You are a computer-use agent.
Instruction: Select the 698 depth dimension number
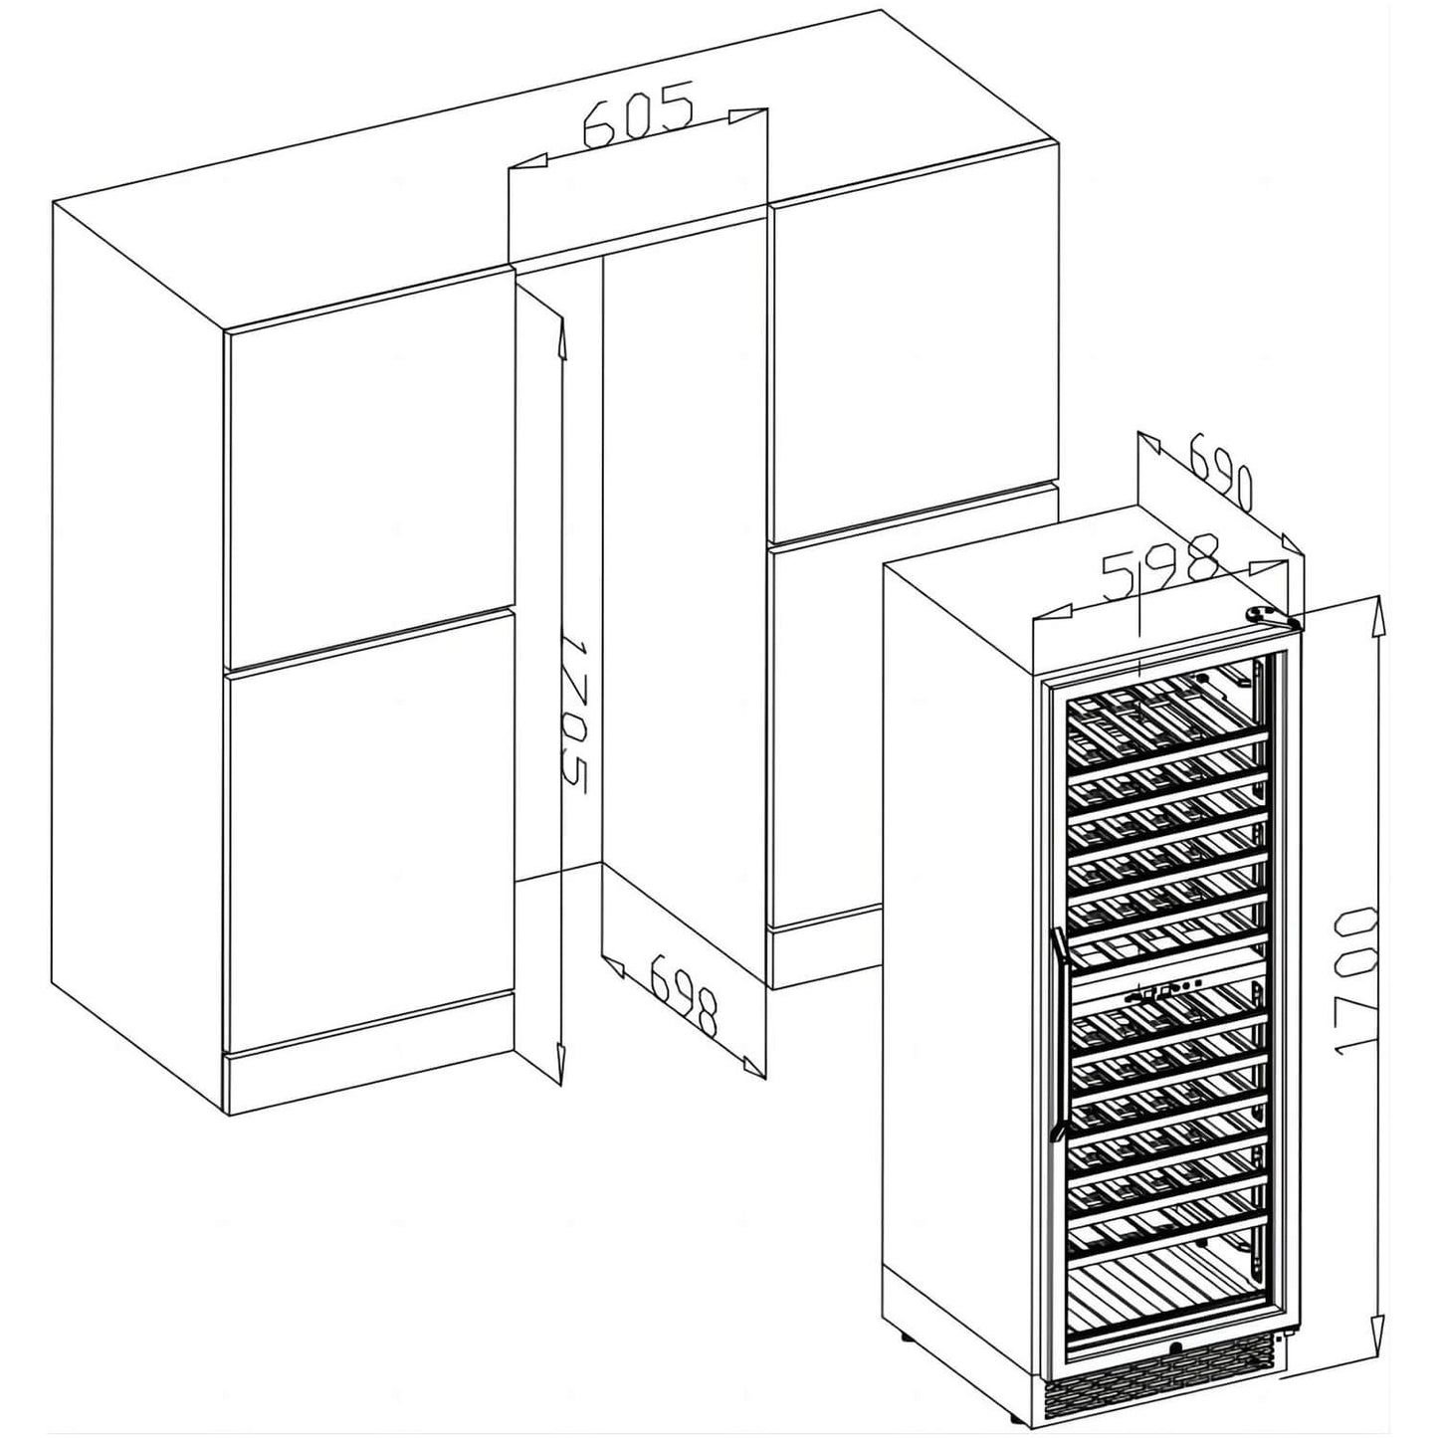(x=685, y=994)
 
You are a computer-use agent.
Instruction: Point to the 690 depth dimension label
(x=1220, y=479)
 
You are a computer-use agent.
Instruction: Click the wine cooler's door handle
(x=1064, y=1035)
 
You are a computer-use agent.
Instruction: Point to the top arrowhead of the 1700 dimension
(x=1378, y=616)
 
